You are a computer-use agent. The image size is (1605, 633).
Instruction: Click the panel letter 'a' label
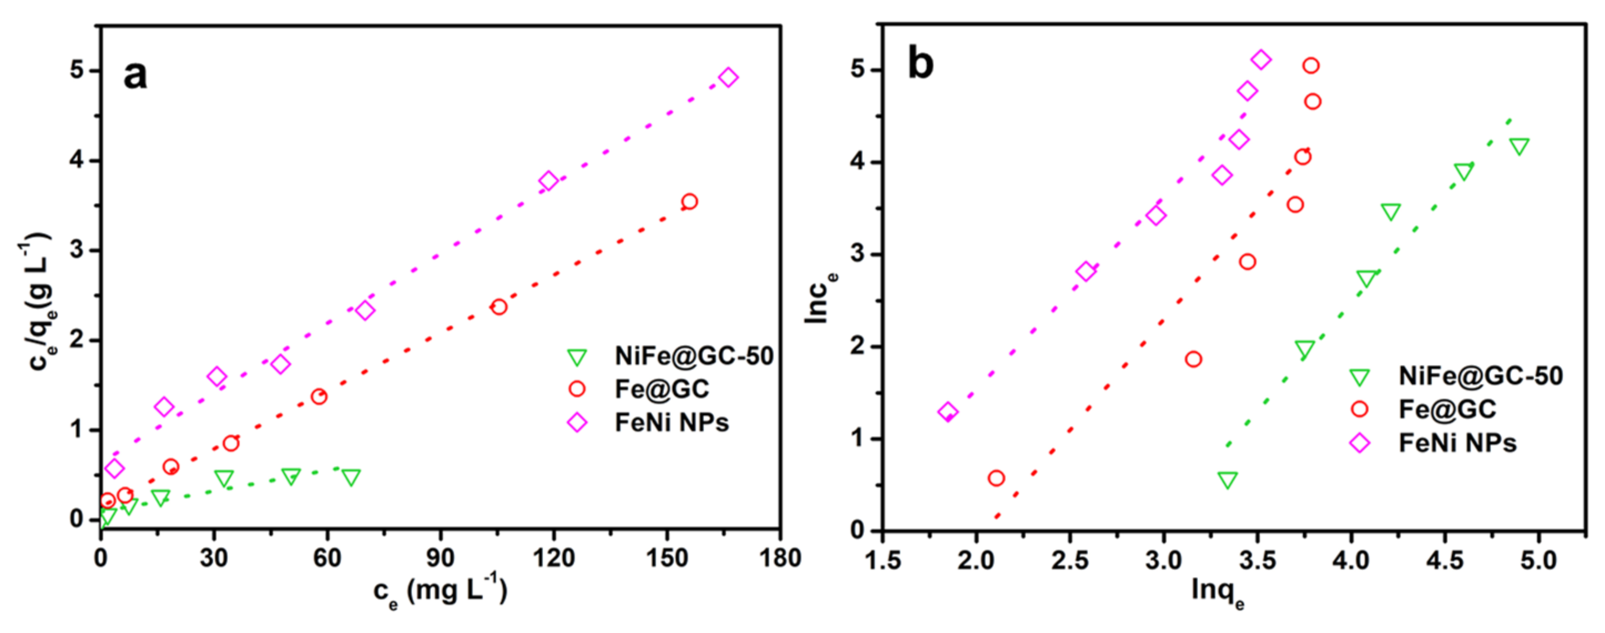tap(135, 76)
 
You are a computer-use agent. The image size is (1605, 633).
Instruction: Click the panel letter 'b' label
tap(920, 64)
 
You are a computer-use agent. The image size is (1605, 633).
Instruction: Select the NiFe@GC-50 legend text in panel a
tap(694, 356)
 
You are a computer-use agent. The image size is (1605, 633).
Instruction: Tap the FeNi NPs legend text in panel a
tap(671, 423)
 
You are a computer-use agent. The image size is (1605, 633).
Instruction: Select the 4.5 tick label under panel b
tap(1444, 560)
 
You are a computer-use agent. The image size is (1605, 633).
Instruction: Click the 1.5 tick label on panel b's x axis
tap(884, 560)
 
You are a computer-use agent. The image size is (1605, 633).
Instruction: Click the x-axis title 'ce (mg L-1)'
tap(440, 591)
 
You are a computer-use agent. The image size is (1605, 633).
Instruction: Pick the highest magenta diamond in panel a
tap(728, 78)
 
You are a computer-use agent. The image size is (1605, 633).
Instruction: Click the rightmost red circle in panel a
tap(689, 202)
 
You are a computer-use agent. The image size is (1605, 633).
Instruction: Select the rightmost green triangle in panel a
tap(351, 478)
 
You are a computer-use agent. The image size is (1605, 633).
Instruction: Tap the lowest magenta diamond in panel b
tap(948, 411)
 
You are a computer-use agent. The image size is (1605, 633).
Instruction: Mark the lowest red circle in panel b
tap(996, 478)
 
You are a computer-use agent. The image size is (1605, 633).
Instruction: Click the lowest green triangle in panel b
tap(1228, 480)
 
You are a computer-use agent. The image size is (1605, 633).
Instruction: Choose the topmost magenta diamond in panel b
tap(1261, 60)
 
